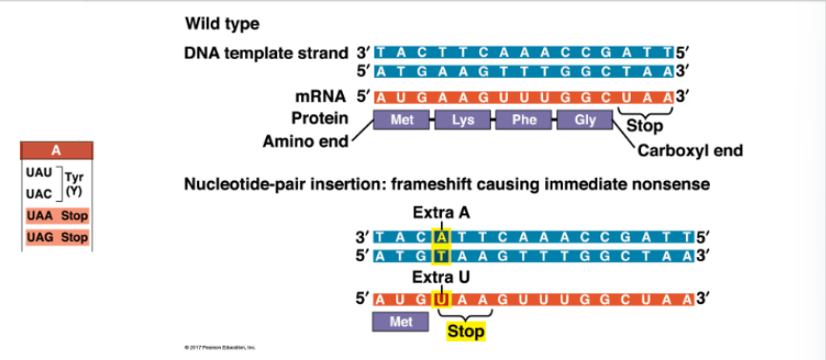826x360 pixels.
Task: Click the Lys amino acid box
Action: [464, 121]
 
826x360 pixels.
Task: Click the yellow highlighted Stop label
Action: [466, 331]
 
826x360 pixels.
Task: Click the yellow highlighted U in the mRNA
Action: [441, 299]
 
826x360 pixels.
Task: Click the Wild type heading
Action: [222, 23]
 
